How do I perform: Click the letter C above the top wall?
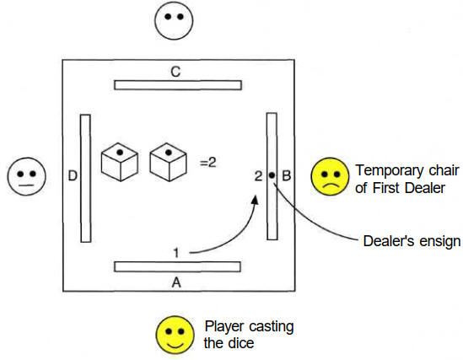tap(175, 72)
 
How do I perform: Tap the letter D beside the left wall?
tap(73, 176)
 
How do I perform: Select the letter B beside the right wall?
tap(287, 176)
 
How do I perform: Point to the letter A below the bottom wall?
tap(176, 283)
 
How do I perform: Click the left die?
tap(120, 162)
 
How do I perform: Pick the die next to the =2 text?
tap(169, 162)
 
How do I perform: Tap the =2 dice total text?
tap(208, 162)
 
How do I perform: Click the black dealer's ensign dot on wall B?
tap(272, 175)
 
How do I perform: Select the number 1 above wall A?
tap(176, 253)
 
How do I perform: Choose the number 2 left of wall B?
tap(258, 176)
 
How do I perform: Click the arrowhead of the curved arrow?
tap(256, 200)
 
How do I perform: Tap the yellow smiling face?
tap(175, 336)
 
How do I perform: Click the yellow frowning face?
tap(330, 176)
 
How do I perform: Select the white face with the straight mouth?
tap(27, 176)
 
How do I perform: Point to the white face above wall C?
tap(174, 20)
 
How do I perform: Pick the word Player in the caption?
tap(224, 327)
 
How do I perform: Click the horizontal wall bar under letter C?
tap(178, 85)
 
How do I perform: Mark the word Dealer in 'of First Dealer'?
tap(425, 188)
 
